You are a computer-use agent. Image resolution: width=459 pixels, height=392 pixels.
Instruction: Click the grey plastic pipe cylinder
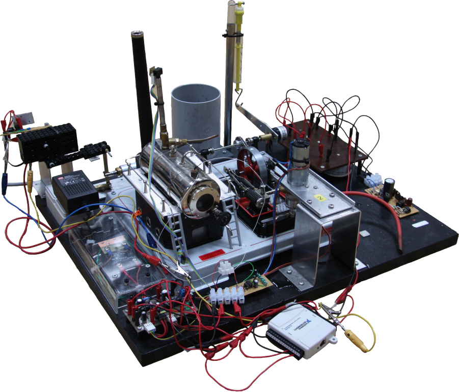[196, 112]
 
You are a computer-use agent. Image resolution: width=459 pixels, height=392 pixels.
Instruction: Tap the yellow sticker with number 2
[320, 197]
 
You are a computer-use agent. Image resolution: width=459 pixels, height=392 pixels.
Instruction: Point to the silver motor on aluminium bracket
[298, 163]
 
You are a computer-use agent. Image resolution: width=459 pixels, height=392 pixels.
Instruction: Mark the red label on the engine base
[211, 255]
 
